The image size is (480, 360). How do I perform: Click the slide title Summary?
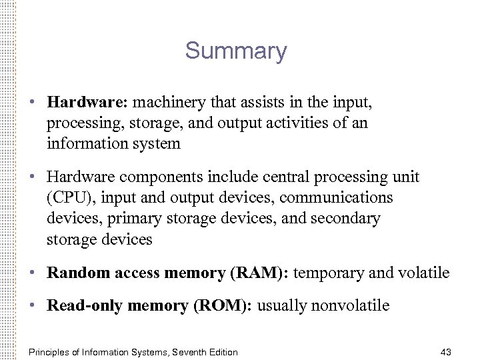tap(236, 51)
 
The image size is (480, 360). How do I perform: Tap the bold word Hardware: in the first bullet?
tap(89, 104)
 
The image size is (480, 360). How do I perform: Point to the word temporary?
tap(329, 273)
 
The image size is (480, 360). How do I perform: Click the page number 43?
tap(447, 352)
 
